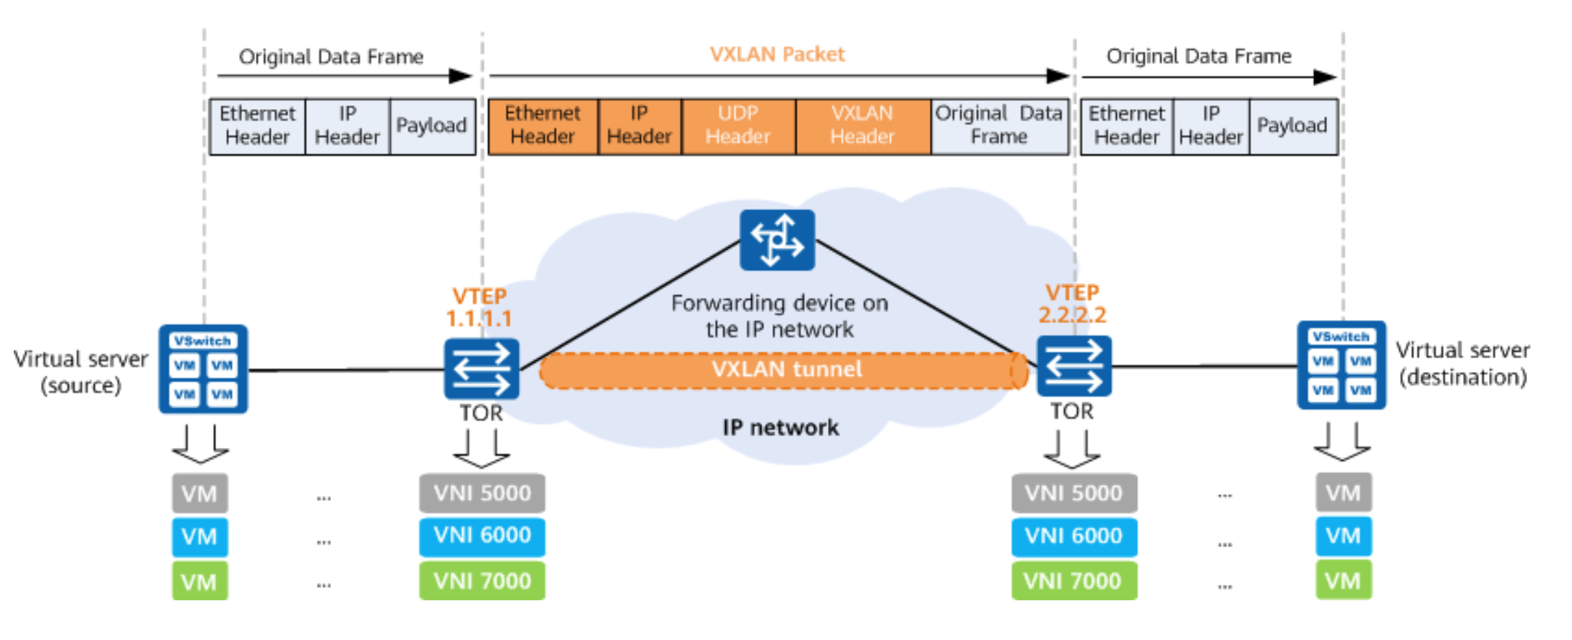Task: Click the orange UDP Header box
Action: point(738,126)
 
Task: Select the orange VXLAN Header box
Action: point(863,126)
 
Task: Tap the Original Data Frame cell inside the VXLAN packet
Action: point(999,126)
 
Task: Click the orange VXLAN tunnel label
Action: point(786,370)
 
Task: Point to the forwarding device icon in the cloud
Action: point(777,240)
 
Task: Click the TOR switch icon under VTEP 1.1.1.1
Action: point(481,368)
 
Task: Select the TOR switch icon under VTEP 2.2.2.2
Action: point(1074,366)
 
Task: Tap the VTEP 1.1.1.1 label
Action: point(479,307)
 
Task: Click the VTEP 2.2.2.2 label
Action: point(1072,304)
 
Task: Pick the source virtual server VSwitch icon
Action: point(203,369)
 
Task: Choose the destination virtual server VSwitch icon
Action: point(1342,366)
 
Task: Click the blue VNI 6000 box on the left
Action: point(482,536)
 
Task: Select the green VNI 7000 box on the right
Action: point(1074,581)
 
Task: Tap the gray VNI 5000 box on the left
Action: point(482,493)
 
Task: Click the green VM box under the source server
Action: point(199,581)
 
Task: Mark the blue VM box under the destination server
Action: point(1343,536)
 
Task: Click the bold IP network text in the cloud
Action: point(780,428)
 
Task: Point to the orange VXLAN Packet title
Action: point(777,55)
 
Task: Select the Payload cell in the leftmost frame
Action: point(431,126)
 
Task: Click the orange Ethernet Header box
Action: point(543,126)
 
